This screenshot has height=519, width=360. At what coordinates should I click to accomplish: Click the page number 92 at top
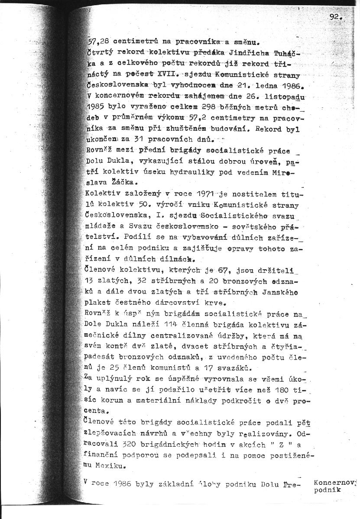coord(334,17)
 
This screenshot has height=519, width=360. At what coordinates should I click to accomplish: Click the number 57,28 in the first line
coord(98,42)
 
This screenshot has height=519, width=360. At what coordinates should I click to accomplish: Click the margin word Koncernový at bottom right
coord(335,482)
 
